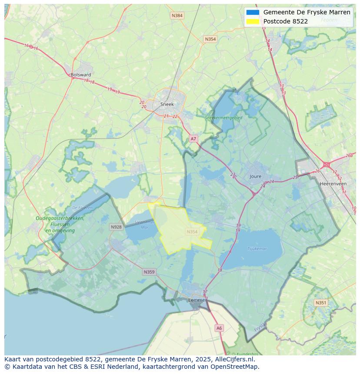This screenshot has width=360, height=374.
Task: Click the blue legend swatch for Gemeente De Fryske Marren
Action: tap(253, 12)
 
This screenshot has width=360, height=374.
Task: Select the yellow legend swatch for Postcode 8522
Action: tap(253, 21)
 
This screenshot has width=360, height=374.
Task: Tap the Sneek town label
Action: tap(167, 104)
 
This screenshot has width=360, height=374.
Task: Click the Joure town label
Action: tap(256, 176)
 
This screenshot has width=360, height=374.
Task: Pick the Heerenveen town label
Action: tap(333, 184)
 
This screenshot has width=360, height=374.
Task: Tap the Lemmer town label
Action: tap(197, 300)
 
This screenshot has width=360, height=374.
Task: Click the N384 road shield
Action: tap(177, 16)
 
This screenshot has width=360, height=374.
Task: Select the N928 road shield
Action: tap(116, 227)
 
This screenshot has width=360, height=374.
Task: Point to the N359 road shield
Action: tap(149, 272)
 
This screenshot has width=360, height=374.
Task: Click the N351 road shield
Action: tap(321, 303)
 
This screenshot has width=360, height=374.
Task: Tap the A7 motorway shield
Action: tap(193, 139)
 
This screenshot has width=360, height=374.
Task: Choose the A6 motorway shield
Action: tap(219, 328)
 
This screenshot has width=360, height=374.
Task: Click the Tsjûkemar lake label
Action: tap(257, 249)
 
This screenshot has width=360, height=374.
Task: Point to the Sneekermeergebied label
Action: tap(224, 117)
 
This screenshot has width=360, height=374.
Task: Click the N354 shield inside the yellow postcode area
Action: tap(192, 232)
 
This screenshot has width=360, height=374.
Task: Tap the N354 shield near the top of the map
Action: tap(210, 39)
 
